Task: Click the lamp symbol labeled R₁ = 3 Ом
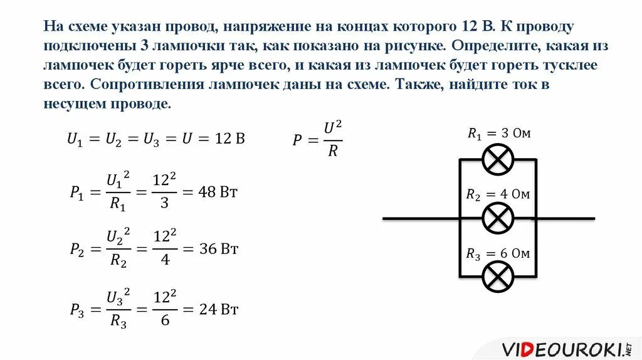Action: [498, 159]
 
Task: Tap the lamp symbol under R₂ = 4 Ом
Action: [498, 218]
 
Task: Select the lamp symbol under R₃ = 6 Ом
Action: [498, 277]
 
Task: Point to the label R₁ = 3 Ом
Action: [500, 133]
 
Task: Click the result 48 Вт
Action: [218, 191]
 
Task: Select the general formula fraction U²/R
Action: [333, 139]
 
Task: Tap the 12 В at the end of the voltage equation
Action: [228, 139]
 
